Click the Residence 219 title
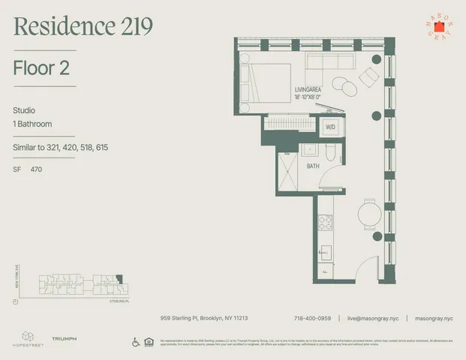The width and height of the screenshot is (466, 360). tap(83, 27)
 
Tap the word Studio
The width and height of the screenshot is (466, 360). tap(24, 109)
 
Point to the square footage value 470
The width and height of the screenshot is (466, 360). tap(37, 170)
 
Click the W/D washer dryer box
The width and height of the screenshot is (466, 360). tap(330, 127)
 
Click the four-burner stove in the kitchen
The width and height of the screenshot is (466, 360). tap(326, 222)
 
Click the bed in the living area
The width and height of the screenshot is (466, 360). tap(264, 85)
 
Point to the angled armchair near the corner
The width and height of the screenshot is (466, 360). tap(369, 76)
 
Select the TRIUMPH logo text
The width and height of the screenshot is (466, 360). tap(64, 340)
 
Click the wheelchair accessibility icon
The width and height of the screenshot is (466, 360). tap(136, 343)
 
